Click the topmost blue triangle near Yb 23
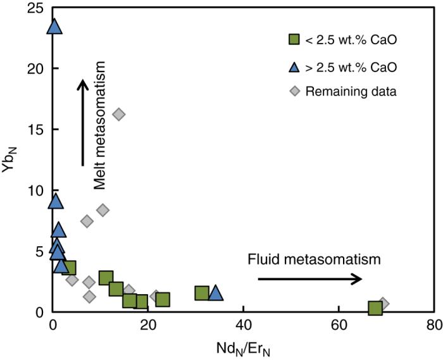54,27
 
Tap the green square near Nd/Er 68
375,308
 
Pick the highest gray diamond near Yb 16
118,114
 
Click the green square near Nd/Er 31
202,293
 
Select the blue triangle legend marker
294,66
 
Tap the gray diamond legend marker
294,91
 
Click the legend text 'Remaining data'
351,91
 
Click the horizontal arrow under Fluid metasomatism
309,278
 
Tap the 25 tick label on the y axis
35,8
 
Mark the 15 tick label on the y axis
35,130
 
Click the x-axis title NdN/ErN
242,346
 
